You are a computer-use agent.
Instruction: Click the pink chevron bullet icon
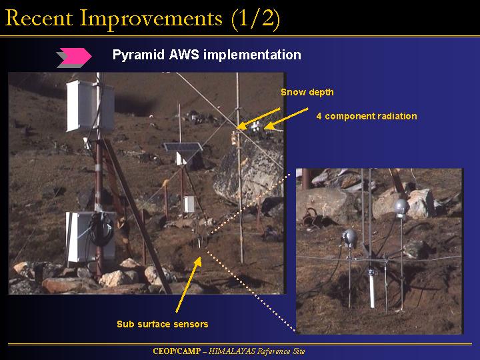pos(75,57)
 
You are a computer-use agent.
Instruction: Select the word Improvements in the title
pos(151,19)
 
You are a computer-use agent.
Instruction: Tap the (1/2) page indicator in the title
pos(255,19)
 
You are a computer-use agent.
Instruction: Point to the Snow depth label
pos(307,92)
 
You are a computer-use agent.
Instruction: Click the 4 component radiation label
pos(367,116)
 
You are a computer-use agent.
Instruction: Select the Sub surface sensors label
pos(163,324)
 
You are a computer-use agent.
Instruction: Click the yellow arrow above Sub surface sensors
pos(188,284)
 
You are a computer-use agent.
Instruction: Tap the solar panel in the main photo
pos(183,147)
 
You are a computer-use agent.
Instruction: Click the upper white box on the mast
pos(90,106)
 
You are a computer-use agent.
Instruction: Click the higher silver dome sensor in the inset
pos(401,207)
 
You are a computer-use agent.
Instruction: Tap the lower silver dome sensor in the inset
pos(349,237)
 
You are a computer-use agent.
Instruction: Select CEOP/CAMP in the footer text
pos(177,351)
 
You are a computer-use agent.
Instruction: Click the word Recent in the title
pos(39,19)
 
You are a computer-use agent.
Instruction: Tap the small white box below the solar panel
pos(189,204)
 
